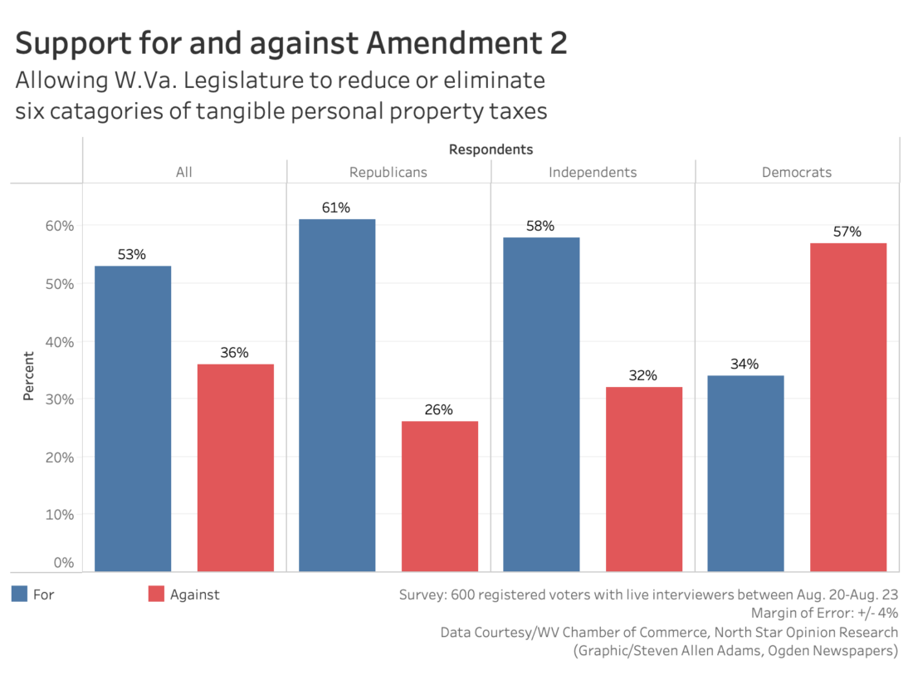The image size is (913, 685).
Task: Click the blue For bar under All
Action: [x=133, y=418]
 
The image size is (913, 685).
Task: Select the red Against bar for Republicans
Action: [x=439, y=497]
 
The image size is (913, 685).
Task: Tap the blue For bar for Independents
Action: [x=541, y=404]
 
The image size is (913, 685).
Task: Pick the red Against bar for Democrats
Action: [x=847, y=407]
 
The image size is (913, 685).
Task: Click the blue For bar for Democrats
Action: [x=745, y=473]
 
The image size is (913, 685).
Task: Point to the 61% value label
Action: [x=336, y=208]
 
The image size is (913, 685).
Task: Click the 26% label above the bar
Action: [x=439, y=409]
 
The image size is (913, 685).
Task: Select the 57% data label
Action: [x=847, y=232]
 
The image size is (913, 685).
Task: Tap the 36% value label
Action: [x=235, y=352]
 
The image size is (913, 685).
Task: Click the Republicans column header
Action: [x=388, y=173]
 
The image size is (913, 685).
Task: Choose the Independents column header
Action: [x=593, y=173]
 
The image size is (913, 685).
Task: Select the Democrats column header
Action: [x=797, y=173]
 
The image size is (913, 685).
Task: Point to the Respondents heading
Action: [x=491, y=149]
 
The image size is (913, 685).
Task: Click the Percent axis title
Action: [x=29, y=376]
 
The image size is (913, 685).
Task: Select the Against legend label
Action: [x=194, y=594]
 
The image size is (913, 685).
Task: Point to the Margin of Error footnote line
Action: [x=823, y=613]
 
